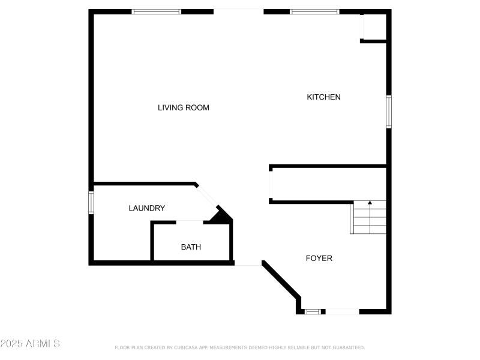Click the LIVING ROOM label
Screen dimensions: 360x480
[184, 108]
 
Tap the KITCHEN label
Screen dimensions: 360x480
[324, 97]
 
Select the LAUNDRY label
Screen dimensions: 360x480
[147, 208]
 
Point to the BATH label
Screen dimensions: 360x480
[191, 247]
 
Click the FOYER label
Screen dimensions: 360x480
[319, 259]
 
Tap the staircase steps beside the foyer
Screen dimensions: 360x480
[368, 219]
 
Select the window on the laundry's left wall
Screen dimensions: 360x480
[91, 202]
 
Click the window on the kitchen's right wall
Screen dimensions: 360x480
[389, 112]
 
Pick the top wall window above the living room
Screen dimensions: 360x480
[157, 11]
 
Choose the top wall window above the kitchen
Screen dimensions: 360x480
[314, 11]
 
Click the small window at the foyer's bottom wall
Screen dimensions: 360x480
[312, 311]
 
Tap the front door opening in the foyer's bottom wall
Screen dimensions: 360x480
[342, 311]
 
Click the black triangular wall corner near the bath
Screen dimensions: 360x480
[223, 216]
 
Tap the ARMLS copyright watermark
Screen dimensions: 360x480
[30, 344]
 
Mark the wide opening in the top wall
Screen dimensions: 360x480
[238, 11]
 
